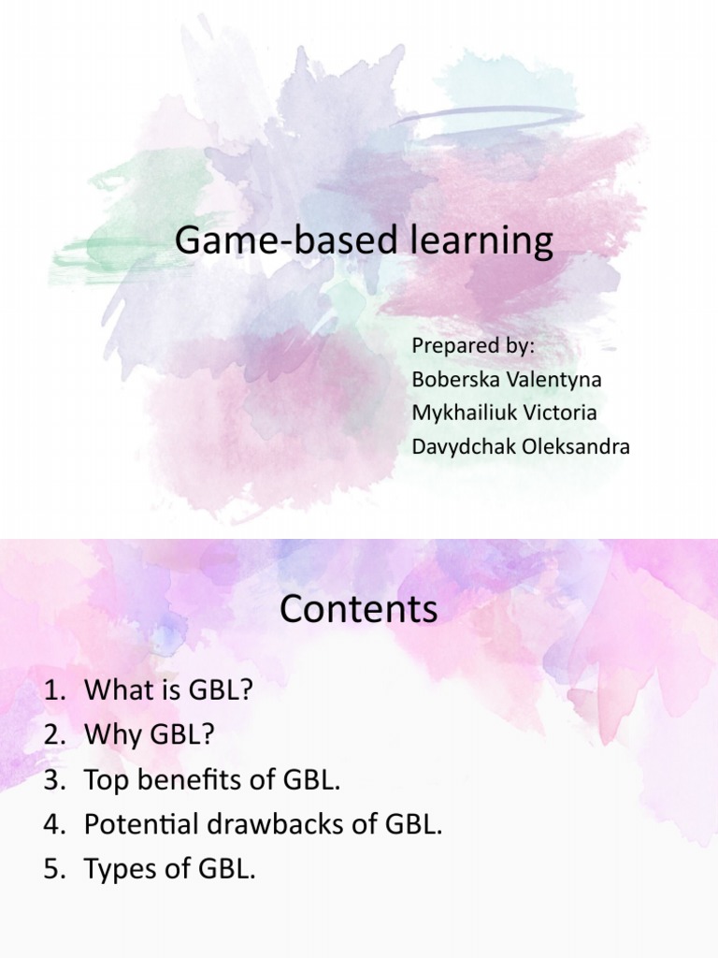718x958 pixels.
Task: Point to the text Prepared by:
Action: point(473,345)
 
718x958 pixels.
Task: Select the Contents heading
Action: point(358,609)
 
